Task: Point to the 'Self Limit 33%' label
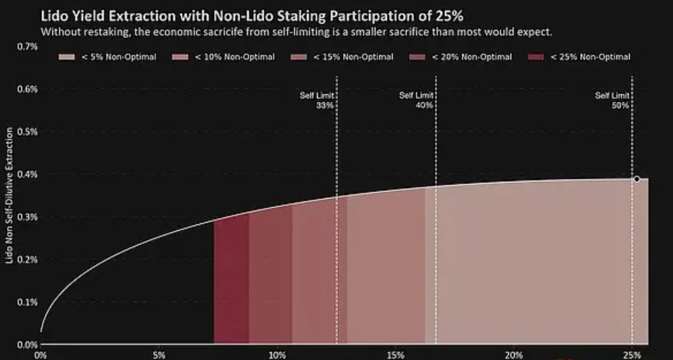(317, 100)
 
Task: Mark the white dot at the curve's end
(636, 179)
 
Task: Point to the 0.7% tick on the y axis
(27, 46)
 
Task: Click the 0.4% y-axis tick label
(27, 174)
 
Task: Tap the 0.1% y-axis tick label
(27, 302)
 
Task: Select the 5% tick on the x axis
(159, 355)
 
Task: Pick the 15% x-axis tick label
(396, 355)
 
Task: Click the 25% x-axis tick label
(632, 355)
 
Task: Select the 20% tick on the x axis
(514, 355)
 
